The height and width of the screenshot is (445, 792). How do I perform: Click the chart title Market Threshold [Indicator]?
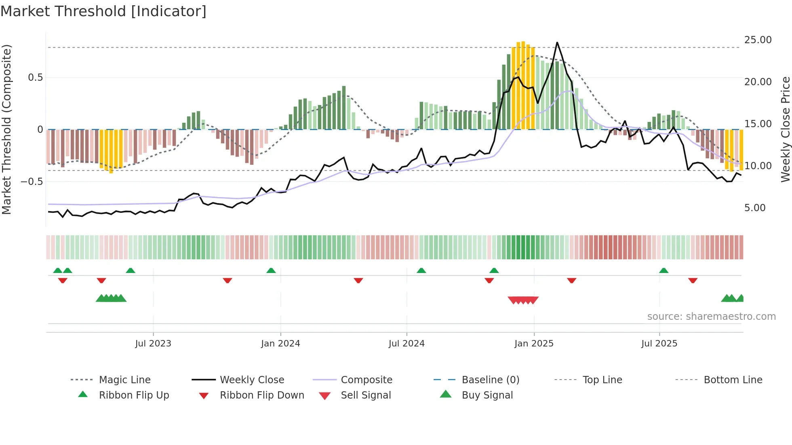(103, 11)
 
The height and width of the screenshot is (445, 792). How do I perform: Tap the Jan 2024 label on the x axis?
(280, 344)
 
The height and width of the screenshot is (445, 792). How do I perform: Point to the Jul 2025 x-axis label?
(659, 344)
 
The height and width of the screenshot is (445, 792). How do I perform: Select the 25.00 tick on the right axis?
(758, 40)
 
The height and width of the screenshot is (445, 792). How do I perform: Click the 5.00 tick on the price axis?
(754, 208)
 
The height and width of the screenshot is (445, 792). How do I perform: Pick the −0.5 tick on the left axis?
(32, 182)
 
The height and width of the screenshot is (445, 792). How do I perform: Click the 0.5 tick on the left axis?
(35, 78)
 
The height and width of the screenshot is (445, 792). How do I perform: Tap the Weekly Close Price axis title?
(785, 129)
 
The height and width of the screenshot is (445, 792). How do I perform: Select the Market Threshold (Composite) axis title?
(6, 129)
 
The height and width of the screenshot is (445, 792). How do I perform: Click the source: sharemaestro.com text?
(711, 317)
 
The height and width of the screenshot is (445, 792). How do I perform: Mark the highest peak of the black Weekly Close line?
(557, 42)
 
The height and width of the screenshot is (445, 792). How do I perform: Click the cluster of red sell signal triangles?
(523, 300)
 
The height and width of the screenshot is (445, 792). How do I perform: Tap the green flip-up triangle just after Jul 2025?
(664, 271)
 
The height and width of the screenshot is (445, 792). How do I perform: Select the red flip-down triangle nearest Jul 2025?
(693, 280)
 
